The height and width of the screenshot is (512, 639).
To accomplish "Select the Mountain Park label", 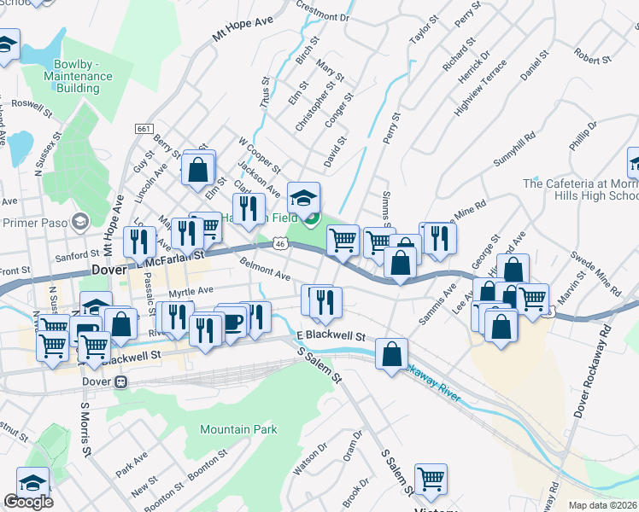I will tap(238, 429).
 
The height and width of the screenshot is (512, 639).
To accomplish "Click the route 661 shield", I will tap(144, 128).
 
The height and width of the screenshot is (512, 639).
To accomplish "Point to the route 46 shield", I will tap(281, 245).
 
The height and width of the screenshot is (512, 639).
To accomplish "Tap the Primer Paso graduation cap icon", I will tap(80, 222).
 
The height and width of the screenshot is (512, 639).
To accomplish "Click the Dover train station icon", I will tap(121, 381).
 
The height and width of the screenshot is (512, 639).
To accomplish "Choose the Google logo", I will tap(28, 502).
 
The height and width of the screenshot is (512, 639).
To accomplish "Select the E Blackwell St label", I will tap(331, 336).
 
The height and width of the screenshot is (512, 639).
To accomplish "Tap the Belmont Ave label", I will tap(266, 271).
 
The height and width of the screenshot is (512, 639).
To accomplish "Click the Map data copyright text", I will tap(603, 505).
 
